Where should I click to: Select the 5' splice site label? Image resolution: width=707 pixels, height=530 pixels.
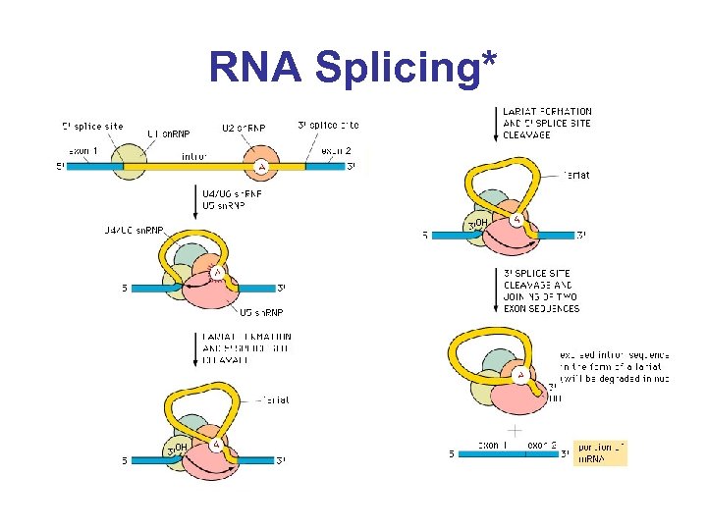92,126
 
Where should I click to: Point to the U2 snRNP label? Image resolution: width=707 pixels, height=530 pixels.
243,128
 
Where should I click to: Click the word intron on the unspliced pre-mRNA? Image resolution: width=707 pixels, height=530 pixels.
193,156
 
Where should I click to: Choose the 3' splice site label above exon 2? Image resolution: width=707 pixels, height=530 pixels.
328,125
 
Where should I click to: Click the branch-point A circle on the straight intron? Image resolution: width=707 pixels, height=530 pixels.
261,168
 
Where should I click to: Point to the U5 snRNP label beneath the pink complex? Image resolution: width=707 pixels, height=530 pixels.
263,313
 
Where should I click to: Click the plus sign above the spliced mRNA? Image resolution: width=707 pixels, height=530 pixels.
513,431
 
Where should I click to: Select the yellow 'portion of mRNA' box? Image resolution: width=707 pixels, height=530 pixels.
600,452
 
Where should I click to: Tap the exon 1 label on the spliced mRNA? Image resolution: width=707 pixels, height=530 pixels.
494,445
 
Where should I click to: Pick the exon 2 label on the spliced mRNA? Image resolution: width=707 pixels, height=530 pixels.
541,445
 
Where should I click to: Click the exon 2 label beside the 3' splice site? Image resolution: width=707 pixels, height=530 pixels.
336,150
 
